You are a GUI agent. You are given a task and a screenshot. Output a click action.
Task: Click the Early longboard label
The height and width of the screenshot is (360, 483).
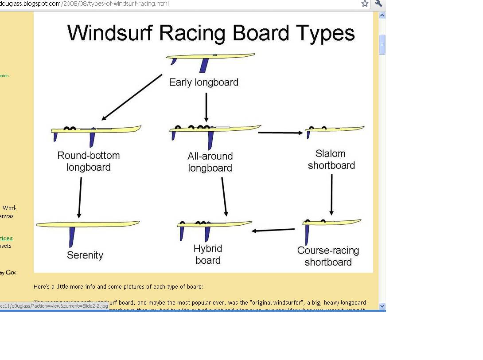coord(204,82)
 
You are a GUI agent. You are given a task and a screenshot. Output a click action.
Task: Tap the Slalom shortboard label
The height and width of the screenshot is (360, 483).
coord(331,160)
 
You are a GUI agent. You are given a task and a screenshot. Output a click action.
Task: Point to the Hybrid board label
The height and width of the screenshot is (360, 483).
coord(208,254)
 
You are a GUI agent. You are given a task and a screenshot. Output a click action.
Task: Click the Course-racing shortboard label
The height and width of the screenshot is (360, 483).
coord(328,256)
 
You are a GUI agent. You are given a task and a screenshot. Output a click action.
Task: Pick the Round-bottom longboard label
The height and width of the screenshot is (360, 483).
coord(89,161)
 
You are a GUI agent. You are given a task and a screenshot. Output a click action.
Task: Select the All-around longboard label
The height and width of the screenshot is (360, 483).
coord(210,162)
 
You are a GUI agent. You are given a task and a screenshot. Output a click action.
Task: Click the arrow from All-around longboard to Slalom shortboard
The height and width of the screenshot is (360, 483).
coord(280,132)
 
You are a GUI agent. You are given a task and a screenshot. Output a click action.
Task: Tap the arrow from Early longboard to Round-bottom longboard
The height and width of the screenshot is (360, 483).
coord(132,98)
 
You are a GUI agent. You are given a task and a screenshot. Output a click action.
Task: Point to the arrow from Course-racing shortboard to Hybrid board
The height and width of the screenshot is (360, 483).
coord(273,230)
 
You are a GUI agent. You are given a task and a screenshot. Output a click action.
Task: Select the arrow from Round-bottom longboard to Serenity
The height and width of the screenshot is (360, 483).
coord(80,197)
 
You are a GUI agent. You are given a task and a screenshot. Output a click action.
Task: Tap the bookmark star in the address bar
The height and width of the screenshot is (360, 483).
coord(365,4)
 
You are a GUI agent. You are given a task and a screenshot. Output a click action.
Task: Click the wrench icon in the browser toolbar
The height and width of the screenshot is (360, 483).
coord(378,4)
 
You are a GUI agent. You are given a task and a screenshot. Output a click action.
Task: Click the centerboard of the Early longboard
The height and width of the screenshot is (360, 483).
coord(204,65)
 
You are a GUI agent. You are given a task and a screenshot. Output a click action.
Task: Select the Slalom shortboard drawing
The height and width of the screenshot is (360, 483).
coord(335,130)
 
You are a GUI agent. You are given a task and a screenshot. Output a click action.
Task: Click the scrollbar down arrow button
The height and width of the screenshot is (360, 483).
coord(382,306)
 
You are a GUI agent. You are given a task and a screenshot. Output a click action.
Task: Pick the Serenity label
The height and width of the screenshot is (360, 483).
coord(85,255)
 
